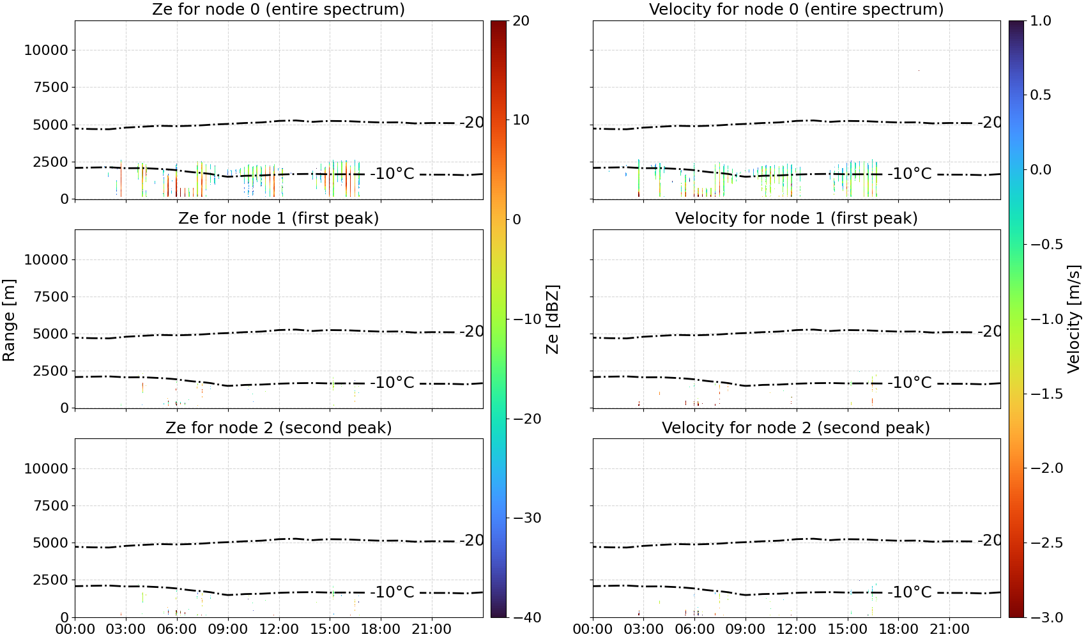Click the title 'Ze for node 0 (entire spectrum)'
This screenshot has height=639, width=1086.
tap(279, 9)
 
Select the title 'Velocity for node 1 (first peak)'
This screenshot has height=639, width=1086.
tap(796, 218)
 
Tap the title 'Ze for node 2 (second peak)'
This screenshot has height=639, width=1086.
tap(279, 427)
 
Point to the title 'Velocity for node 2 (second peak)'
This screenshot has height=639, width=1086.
tap(796, 427)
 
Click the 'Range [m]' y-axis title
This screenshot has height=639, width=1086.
tap(9, 320)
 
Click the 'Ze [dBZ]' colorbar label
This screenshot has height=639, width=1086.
tap(553, 319)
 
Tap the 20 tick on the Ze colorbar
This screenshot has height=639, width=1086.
tap(521, 21)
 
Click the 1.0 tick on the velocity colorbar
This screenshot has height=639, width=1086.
tap(1041, 21)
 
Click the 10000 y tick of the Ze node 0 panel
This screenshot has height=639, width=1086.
tap(47, 50)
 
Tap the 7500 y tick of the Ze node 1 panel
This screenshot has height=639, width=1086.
tap(51, 296)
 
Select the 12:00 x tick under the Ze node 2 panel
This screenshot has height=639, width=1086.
tap(279, 629)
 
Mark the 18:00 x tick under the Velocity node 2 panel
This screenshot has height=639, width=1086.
tap(898, 629)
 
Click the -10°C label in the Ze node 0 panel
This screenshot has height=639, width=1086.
tap(392, 174)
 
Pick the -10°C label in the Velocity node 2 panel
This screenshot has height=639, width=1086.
tap(910, 592)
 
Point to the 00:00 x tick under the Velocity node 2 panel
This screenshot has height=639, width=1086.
tap(592, 629)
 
